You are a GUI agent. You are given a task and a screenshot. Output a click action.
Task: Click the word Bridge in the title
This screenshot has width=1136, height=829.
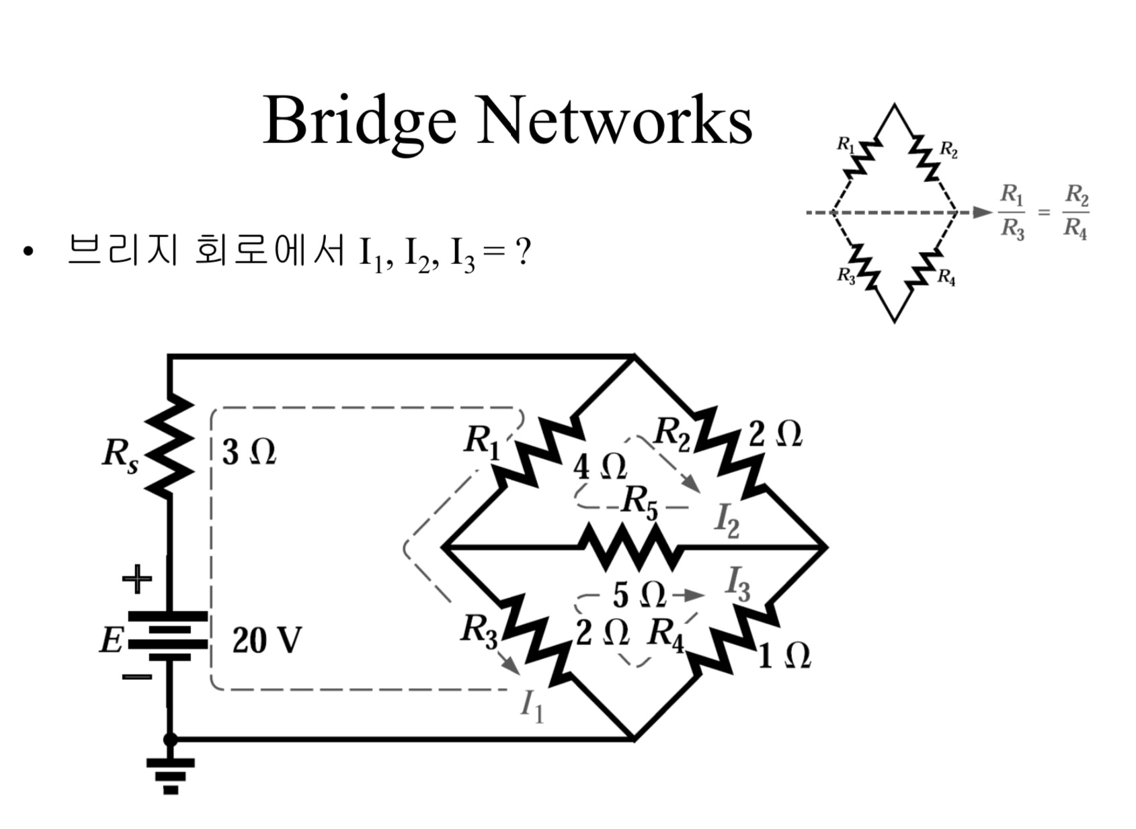click(x=360, y=121)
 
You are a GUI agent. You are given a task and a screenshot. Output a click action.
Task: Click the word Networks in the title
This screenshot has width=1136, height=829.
click(x=614, y=121)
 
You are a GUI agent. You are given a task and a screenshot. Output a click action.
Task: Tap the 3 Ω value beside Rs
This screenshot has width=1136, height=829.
click(x=249, y=452)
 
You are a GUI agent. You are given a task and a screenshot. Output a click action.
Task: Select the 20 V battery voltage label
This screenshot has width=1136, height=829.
click(x=267, y=640)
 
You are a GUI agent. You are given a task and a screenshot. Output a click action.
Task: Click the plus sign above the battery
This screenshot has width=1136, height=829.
click(x=136, y=578)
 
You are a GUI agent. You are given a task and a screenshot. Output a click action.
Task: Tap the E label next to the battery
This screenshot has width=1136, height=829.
click(x=111, y=640)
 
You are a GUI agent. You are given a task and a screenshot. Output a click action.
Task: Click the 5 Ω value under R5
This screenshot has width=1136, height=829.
click(x=639, y=595)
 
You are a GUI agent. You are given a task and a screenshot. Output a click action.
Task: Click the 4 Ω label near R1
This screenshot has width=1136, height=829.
click(x=600, y=466)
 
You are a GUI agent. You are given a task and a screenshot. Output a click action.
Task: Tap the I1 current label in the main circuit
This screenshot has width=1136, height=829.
click(x=532, y=706)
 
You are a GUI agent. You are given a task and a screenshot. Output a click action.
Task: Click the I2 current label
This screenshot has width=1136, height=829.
click(x=727, y=521)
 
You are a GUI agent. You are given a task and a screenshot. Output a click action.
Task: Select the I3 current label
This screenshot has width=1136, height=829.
click(x=738, y=584)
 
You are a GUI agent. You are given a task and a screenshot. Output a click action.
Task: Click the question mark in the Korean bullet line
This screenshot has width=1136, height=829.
click(x=522, y=252)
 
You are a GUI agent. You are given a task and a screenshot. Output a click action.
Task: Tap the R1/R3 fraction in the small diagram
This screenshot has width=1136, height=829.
click(x=1012, y=212)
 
